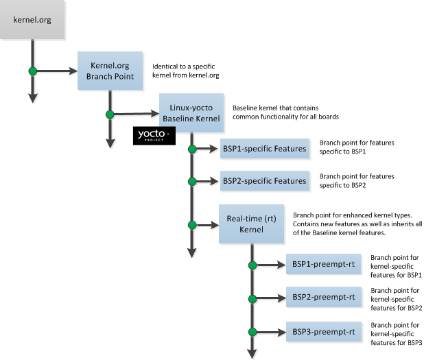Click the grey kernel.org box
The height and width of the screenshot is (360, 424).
tap(33, 19)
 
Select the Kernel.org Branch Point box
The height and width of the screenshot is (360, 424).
tap(110, 71)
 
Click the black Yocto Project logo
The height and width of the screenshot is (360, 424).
tap(154, 136)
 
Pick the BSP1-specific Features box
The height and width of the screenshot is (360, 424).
tap(264, 148)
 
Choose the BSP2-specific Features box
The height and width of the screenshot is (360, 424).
tap(264, 181)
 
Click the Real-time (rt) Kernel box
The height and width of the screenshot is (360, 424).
tap(251, 224)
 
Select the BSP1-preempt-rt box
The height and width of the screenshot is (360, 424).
tap(322, 264)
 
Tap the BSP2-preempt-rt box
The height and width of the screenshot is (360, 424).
tap(322, 298)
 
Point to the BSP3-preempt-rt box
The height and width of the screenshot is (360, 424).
tap(322, 332)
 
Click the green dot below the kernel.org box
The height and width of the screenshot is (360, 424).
tap(32, 71)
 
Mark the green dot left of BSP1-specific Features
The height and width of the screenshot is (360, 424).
tap(192, 148)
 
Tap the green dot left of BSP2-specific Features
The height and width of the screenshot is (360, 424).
tap(192, 181)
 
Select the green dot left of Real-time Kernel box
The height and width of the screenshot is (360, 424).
tap(192, 224)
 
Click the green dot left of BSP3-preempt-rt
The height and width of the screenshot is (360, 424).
tap(252, 332)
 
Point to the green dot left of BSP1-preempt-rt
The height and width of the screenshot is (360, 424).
tap(252, 265)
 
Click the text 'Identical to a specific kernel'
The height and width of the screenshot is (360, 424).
tap(185, 71)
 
